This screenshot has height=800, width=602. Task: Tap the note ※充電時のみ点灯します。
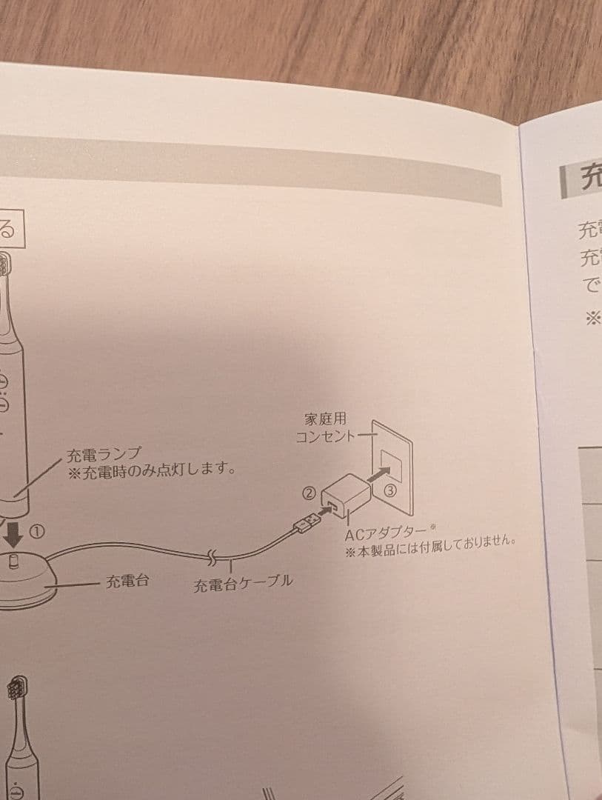152,471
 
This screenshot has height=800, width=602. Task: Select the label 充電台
127,581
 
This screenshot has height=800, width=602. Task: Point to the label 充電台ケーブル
243,584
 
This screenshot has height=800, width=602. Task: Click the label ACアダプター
386,533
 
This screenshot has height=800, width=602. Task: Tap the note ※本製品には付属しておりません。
430,548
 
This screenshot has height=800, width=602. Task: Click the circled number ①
38,532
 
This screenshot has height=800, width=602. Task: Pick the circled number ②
310,492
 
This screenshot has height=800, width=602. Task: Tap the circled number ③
390,490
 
